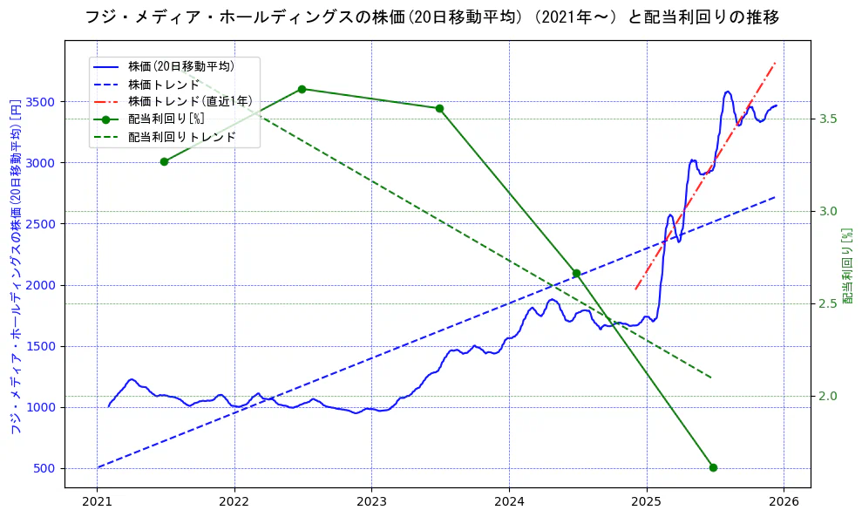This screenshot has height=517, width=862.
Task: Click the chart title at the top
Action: [x=431, y=17]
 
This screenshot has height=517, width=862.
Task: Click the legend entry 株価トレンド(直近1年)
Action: [x=190, y=101]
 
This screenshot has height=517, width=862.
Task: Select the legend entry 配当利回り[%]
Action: [x=166, y=119]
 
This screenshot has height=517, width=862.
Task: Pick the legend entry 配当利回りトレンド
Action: [x=181, y=137]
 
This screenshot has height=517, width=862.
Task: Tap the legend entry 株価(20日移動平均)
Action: [x=180, y=66]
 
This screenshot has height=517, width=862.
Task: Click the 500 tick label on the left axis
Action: [x=45, y=468]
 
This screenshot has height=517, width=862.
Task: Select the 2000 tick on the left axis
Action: [x=42, y=285]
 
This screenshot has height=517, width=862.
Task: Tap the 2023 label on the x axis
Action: [x=371, y=501]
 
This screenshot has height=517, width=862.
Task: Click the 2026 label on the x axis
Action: [x=784, y=501]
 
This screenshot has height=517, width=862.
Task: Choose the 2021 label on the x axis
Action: [x=97, y=501]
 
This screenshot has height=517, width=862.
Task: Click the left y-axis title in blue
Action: [x=15, y=267]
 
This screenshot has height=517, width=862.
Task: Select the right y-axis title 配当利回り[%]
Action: [x=847, y=267]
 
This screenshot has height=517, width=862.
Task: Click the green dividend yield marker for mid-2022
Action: [x=302, y=89]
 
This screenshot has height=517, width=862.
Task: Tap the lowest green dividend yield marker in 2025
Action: [x=713, y=467]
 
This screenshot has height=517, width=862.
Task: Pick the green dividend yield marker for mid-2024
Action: [x=576, y=273]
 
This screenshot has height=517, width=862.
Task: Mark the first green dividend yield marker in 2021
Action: [x=164, y=161]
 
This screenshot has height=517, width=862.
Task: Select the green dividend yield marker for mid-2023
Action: [x=439, y=108]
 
